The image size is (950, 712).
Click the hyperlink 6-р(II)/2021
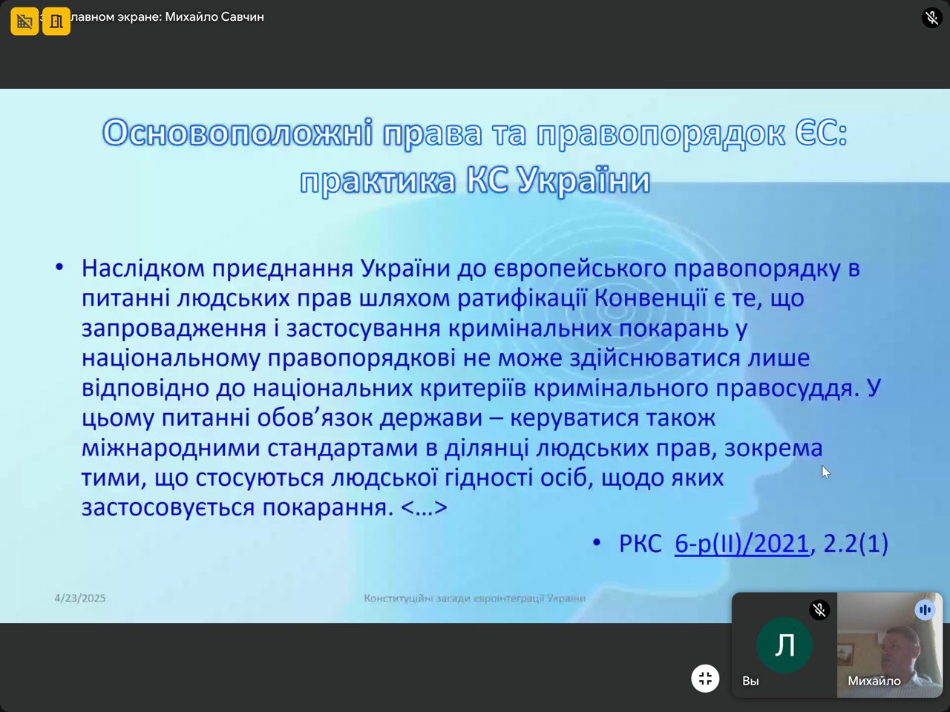click(741, 543)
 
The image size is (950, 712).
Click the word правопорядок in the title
click(661, 134)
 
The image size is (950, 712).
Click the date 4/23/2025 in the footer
click(80, 598)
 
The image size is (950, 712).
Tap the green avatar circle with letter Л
click(784, 645)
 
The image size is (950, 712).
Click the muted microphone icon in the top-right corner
click(932, 18)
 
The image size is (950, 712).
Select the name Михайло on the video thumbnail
click(874, 681)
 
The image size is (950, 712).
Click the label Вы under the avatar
click(750, 681)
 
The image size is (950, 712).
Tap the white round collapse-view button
click(705, 679)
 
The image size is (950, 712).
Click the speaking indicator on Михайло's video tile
click(925, 610)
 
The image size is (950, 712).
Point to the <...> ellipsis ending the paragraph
click(424, 507)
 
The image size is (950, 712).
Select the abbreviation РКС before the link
click(640, 544)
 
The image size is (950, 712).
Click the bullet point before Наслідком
click(59, 268)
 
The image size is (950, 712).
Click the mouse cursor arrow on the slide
click(826, 472)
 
